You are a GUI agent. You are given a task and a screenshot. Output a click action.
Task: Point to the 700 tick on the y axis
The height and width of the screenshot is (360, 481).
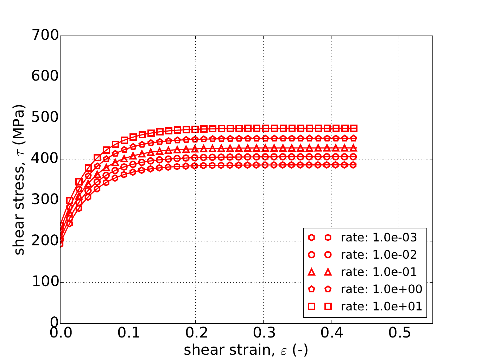pyautogui.click(x=45, y=36)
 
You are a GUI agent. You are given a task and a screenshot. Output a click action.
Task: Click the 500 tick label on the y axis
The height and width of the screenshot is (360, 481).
pyautogui.click(x=45, y=118)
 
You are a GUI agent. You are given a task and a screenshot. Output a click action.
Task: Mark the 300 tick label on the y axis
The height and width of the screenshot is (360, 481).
pyautogui.click(x=45, y=200)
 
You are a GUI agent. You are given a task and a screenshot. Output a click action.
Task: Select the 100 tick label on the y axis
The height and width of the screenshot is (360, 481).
pyautogui.click(x=45, y=282)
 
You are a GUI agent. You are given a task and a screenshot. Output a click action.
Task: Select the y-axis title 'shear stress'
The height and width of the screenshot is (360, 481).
pyautogui.click(x=20, y=179)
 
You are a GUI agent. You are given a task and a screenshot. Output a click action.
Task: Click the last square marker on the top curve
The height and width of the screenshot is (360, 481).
pyautogui.click(x=353, y=128)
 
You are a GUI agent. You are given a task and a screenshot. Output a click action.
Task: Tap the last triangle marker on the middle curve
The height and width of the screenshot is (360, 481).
pyautogui.click(x=353, y=148)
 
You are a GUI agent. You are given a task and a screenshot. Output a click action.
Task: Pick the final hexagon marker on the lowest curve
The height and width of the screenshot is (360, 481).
pyautogui.click(x=353, y=165)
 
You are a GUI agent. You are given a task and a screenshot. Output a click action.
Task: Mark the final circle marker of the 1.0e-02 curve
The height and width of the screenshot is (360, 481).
pyautogui.click(x=353, y=157)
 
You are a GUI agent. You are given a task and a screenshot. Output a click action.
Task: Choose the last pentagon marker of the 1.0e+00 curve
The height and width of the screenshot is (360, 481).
pyautogui.click(x=353, y=138)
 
